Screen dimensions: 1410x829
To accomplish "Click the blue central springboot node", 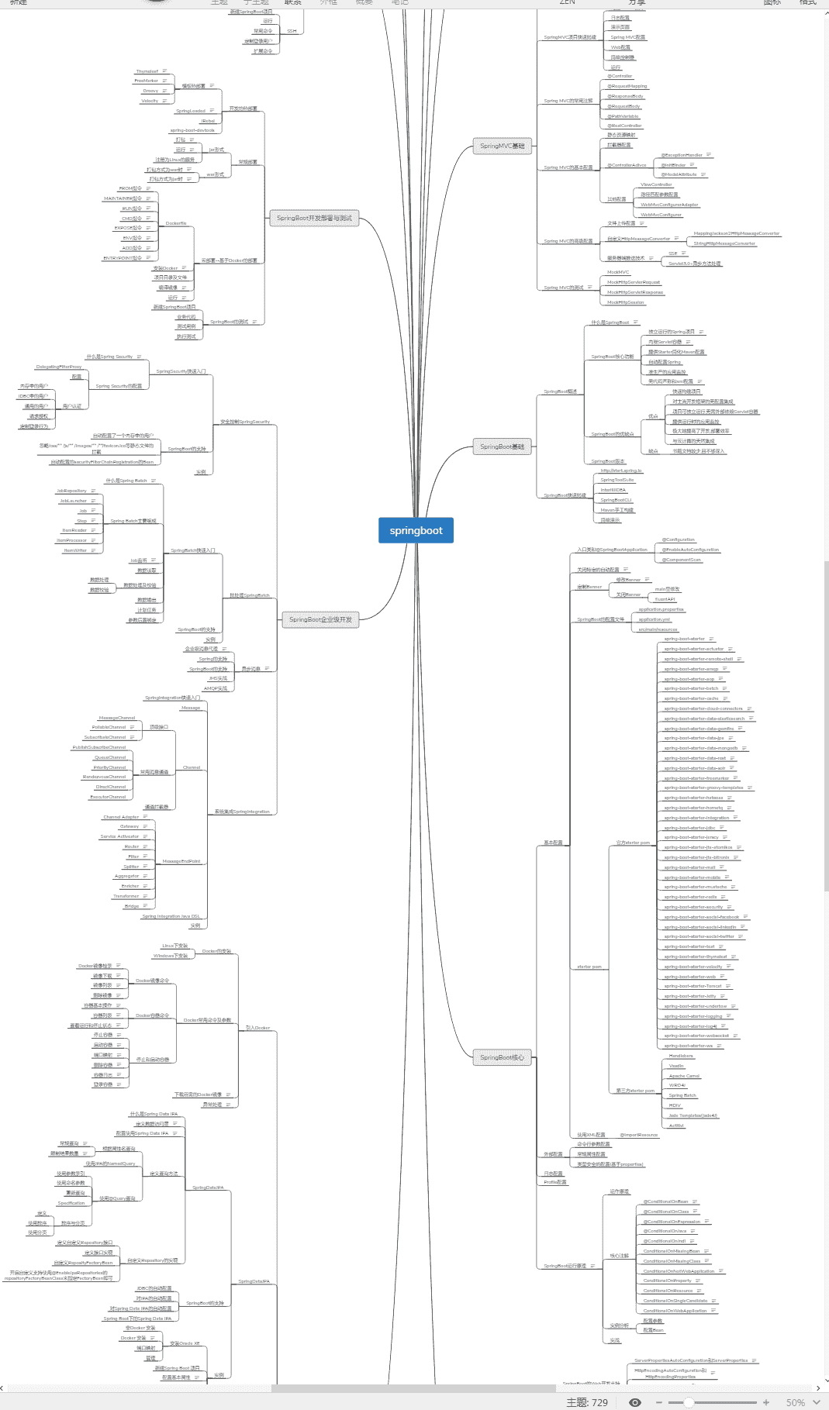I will tap(416, 530).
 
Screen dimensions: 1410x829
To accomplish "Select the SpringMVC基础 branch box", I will tap(502, 146).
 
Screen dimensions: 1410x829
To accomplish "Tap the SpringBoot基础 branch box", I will tap(502, 446).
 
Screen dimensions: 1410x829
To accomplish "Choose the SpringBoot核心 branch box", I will tap(502, 1057).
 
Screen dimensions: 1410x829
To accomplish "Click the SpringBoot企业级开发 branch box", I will tap(320, 619).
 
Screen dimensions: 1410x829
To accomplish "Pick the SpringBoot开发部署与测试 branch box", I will tap(314, 218).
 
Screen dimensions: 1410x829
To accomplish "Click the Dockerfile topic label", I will tap(176, 223).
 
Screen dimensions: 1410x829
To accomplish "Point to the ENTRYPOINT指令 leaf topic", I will tap(123, 258).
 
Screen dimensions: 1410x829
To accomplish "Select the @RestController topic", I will tap(624, 126).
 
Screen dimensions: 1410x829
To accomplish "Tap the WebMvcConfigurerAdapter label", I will tap(669, 205).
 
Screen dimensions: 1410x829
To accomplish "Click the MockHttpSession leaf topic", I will tap(625, 302).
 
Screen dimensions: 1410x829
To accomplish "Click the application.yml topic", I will tap(655, 619).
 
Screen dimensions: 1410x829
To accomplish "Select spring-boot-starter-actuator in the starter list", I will tap(693, 649).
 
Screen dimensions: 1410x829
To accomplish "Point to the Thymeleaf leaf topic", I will tap(147, 71).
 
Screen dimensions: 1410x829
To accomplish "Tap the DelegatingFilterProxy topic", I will tap(59, 367).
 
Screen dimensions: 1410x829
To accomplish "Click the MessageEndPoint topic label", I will tap(181, 861).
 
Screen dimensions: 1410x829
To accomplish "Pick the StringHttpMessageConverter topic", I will tap(724, 243).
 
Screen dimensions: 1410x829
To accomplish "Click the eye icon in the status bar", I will tap(635, 1402).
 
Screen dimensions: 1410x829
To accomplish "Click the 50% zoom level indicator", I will tap(795, 1402).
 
